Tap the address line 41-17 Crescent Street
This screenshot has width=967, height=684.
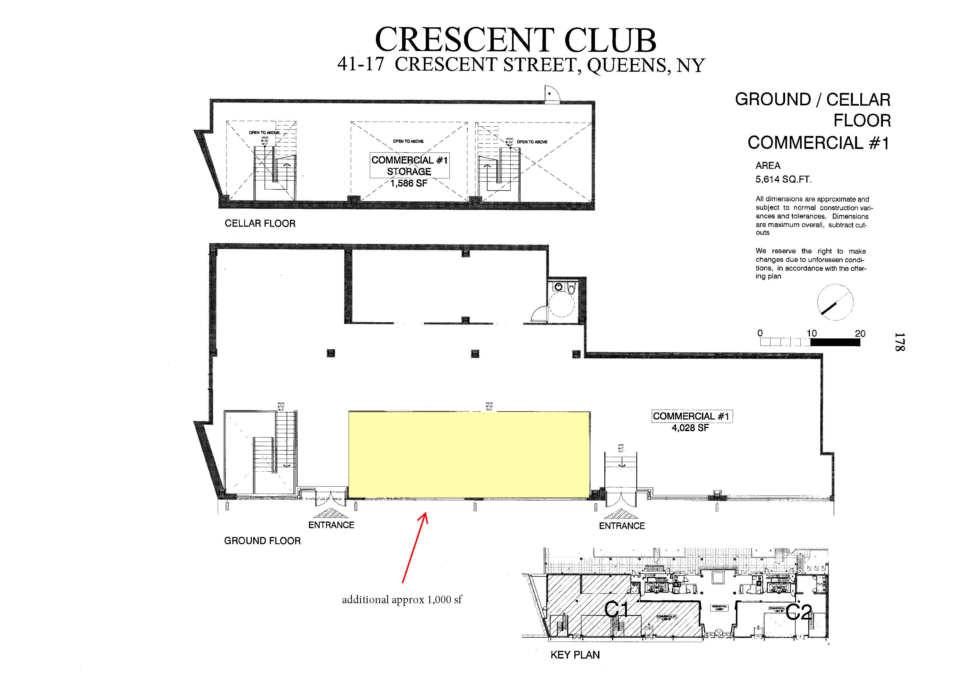point(521,65)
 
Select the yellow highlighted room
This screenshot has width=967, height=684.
point(469,454)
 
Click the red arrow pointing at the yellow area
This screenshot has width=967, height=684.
point(414,547)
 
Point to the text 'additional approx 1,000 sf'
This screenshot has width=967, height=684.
point(402,600)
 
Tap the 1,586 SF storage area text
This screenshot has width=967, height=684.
point(408,184)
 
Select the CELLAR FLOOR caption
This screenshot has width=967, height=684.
point(260,223)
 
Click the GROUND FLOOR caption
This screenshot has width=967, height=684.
point(262,541)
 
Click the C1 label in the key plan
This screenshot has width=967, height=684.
point(616,610)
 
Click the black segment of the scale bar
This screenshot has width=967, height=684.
point(835,343)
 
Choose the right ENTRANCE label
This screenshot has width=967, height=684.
point(622,526)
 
